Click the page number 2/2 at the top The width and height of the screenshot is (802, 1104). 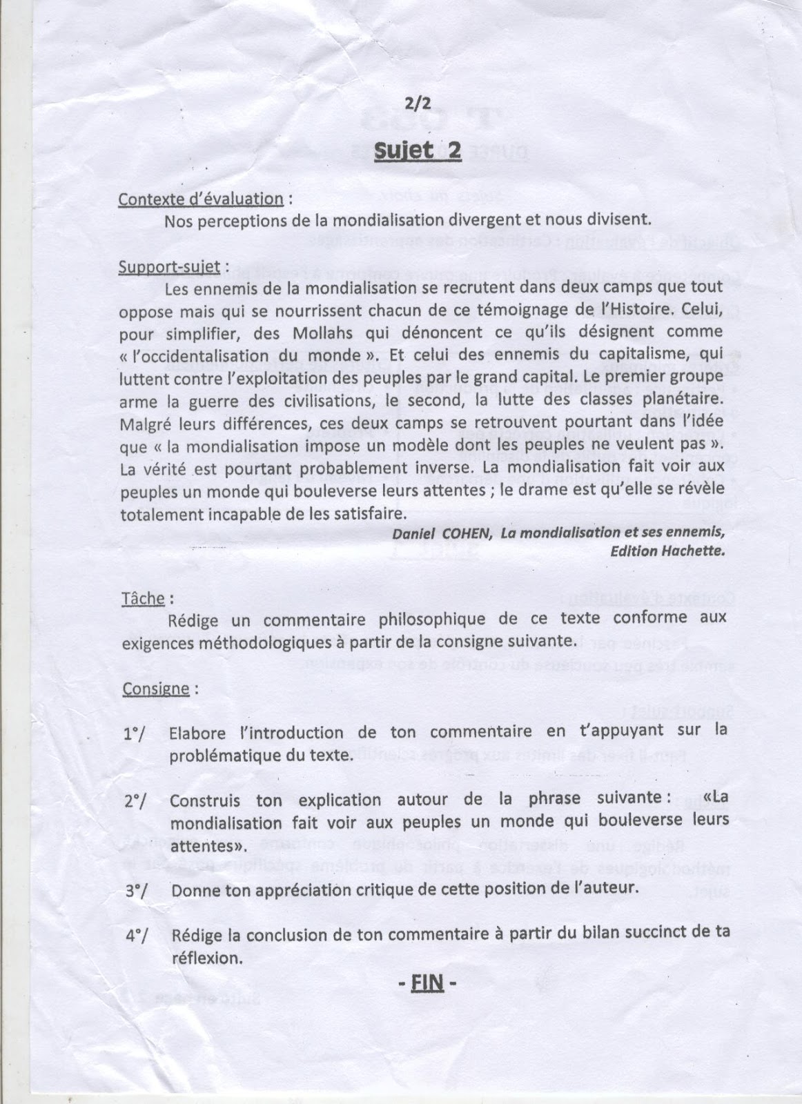(x=418, y=104)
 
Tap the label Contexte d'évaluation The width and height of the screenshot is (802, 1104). (x=201, y=199)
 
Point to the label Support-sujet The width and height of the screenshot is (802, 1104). (x=169, y=266)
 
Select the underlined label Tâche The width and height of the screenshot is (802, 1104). (x=143, y=598)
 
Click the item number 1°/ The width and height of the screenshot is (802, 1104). (x=136, y=733)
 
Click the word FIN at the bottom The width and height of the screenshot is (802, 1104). (x=427, y=982)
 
